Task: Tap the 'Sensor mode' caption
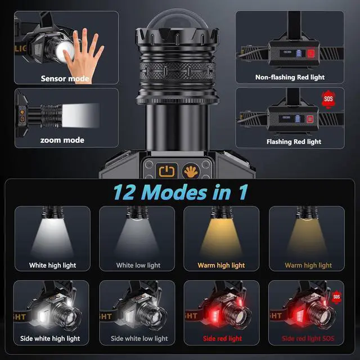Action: coord(65,79)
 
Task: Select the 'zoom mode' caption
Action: coord(62,140)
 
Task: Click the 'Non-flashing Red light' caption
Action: coord(290,77)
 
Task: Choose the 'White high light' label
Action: coord(52,265)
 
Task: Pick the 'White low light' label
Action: coord(138,265)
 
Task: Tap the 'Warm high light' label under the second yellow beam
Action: coord(308,265)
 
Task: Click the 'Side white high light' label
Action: coord(51,339)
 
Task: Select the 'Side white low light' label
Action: coord(139,339)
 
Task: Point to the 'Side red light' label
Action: coord(222,339)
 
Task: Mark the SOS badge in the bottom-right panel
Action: coord(336,296)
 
